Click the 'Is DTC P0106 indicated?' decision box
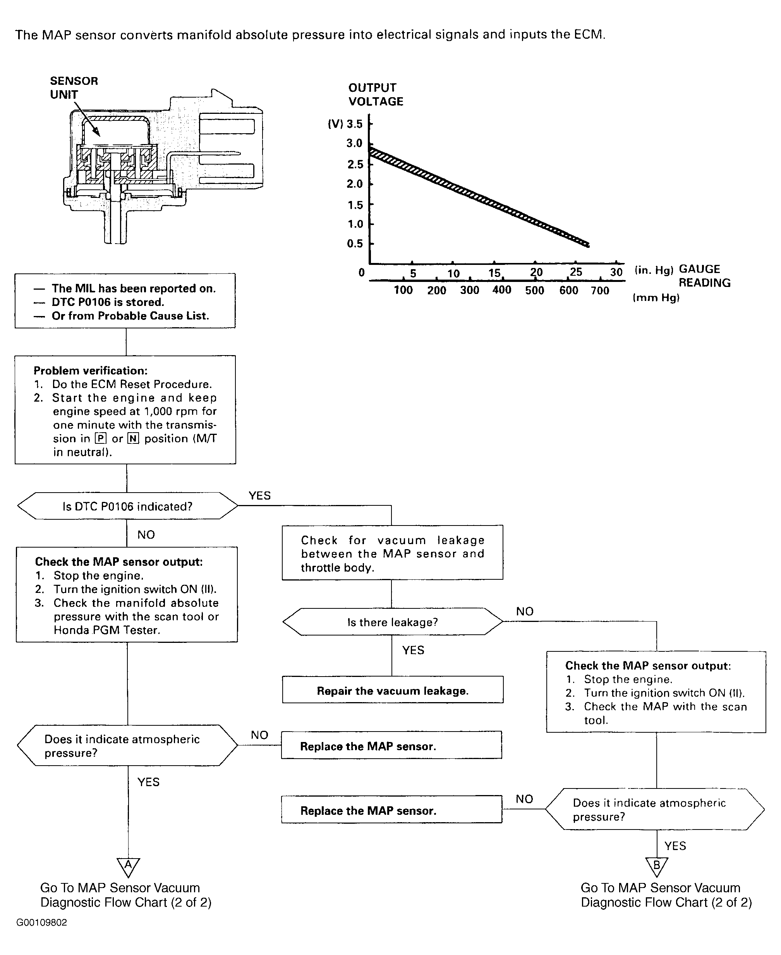coord(127,506)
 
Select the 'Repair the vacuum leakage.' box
coord(393,690)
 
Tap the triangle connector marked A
coord(128,866)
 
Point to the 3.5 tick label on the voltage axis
coord(354,124)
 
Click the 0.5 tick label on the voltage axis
coord(355,243)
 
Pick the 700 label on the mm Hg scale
coord(600,290)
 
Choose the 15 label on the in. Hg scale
coord(494,273)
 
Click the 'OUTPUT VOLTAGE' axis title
coord(376,94)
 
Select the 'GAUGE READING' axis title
coord(704,276)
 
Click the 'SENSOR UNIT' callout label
coord(74,88)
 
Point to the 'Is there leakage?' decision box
coord(392,622)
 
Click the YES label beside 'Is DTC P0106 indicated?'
coord(259,495)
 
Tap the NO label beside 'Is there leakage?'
coord(525,611)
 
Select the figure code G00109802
coord(41,922)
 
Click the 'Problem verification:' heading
coord(91,370)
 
